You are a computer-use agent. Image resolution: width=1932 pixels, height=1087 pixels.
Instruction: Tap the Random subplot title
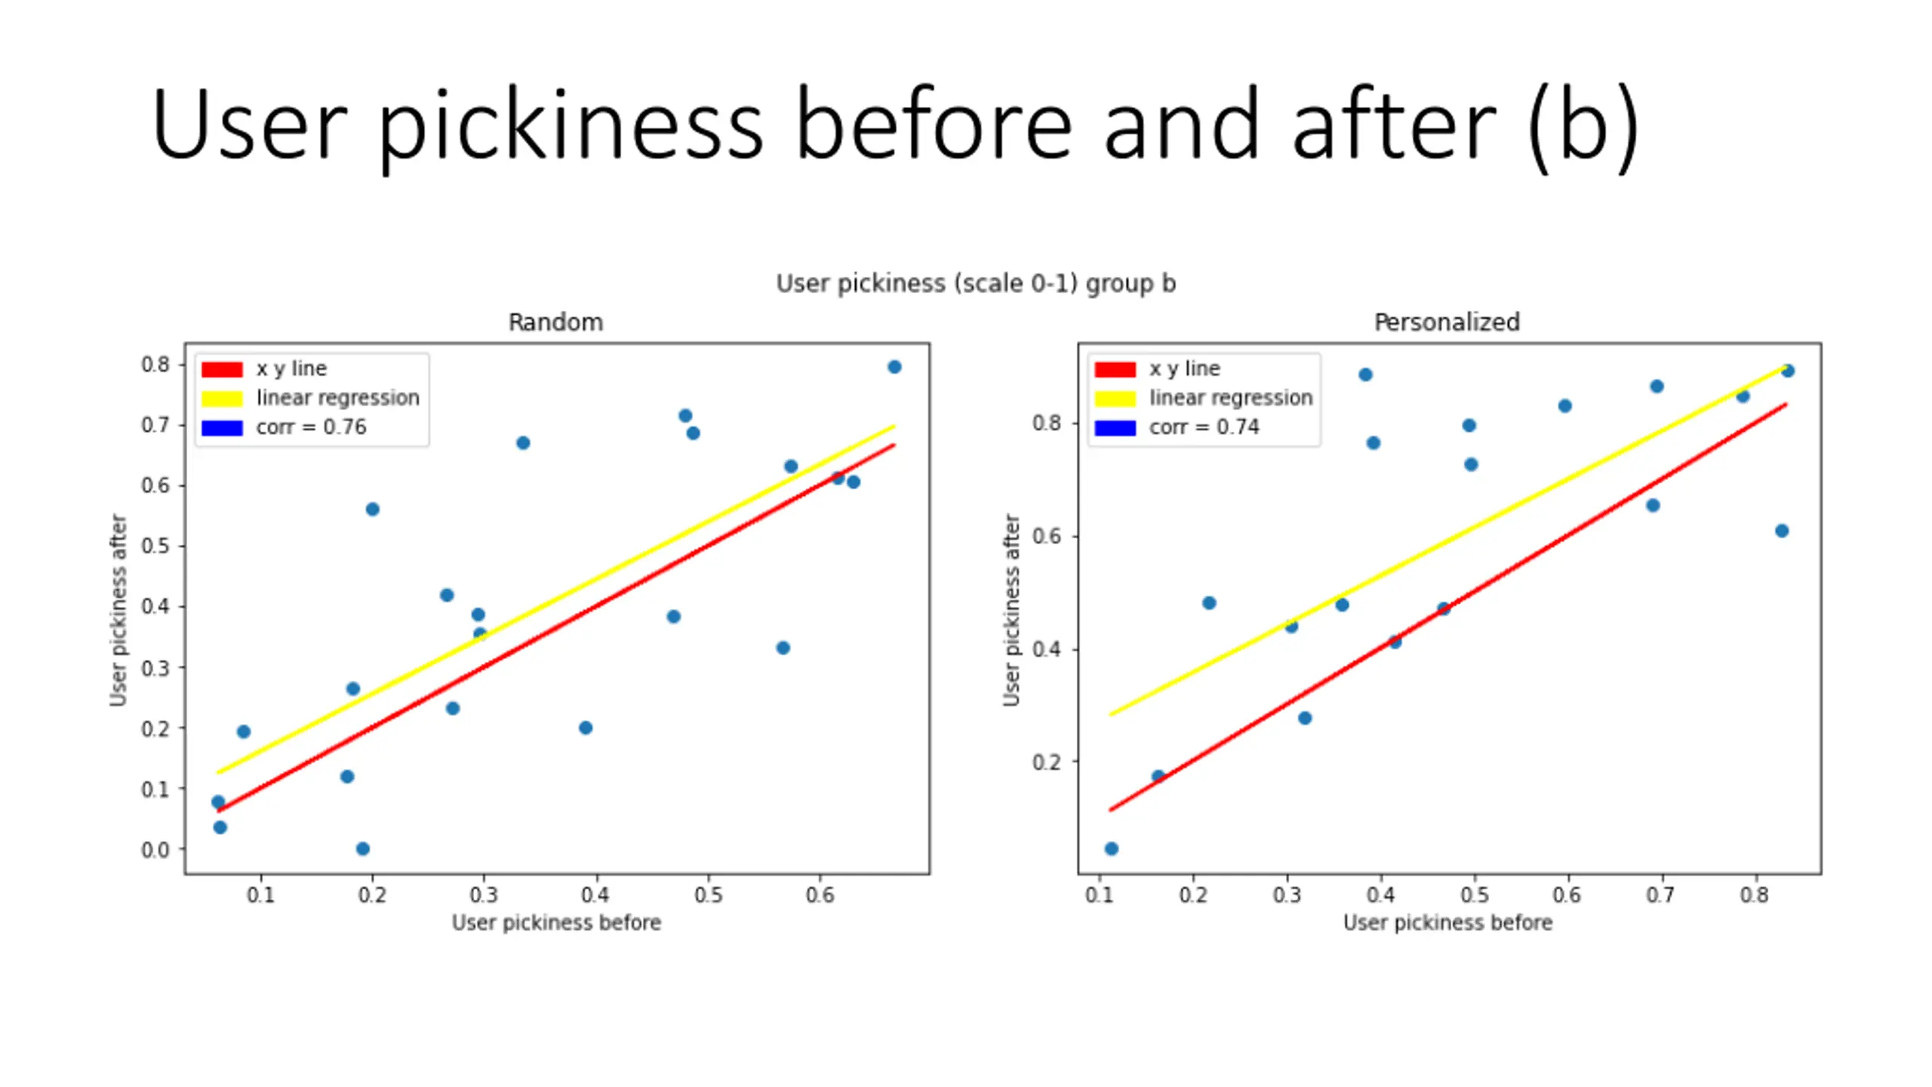pyautogui.click(x=555, y=322)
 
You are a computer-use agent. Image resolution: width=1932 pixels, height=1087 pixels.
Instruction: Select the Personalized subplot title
pyautogui.click(x=1446, y=322)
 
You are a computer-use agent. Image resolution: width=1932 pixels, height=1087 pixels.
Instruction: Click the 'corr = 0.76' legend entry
pyautogui.click(x=311, y=427)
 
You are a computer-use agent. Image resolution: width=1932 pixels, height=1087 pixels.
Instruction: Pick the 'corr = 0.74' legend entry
pyautogui.click(x=1204, y=427)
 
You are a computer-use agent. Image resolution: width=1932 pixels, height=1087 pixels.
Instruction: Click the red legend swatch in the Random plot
pyautogui.click(x=222, y=369)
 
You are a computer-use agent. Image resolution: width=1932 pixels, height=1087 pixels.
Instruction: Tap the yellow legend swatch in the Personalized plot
pyautogui.click(x=1115, y=399)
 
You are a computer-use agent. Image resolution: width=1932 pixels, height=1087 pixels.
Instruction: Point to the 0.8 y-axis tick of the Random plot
pyautogui.click(x=155, y=365)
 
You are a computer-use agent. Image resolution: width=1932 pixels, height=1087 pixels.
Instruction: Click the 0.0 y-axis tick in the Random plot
pyautogui.click(x=155, y=850)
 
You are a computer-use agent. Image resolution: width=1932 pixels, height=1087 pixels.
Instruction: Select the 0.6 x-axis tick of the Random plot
pyautogui.click(x=820, y=895)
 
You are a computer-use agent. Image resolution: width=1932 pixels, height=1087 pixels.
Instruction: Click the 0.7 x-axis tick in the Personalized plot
pyautogui.click(x=1660, y=895)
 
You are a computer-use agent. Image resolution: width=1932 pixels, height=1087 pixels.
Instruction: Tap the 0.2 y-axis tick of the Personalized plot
pyautogui.click(x=1047, y=762)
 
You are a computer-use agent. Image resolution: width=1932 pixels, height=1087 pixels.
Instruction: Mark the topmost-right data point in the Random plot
pyautogui.click(x=894, y=367)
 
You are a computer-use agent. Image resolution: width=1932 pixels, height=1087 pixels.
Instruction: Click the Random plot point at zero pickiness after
pyautogui.click(x=362, y=848)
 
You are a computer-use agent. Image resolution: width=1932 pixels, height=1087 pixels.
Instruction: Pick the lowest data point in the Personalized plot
pyautogui.click(x=1111, y=848)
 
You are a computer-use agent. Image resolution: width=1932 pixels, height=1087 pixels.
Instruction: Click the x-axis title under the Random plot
pyautogui.click(x=556, y=922)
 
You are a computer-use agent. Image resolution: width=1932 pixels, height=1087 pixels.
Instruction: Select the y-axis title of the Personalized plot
pyautogui.click(x=1011, y=610)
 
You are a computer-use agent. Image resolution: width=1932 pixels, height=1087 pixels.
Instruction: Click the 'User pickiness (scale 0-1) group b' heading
pyautogui.click(x=976, y=284)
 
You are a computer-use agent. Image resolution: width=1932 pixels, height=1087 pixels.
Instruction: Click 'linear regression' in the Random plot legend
pyautogui.click(x=337, y=398)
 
